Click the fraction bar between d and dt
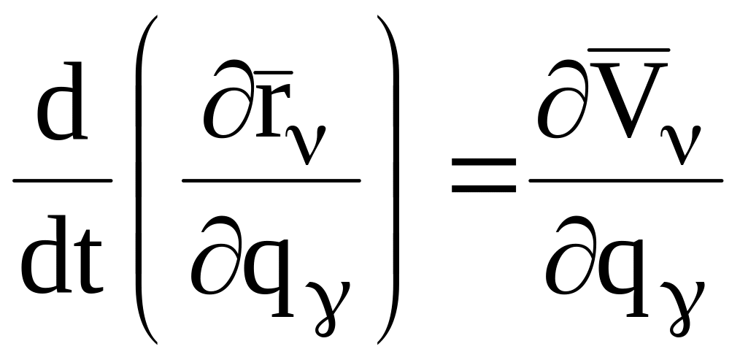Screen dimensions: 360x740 point(63,180)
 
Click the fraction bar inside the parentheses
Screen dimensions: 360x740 point(271,180)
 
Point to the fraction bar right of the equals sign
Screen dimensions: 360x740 point(625,180)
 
